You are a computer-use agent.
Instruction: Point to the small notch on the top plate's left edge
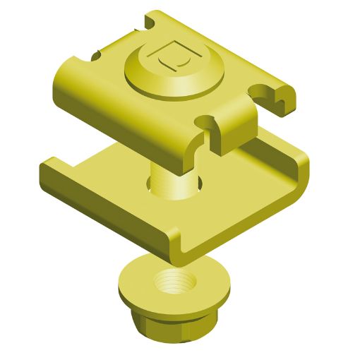tap(92, 52)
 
